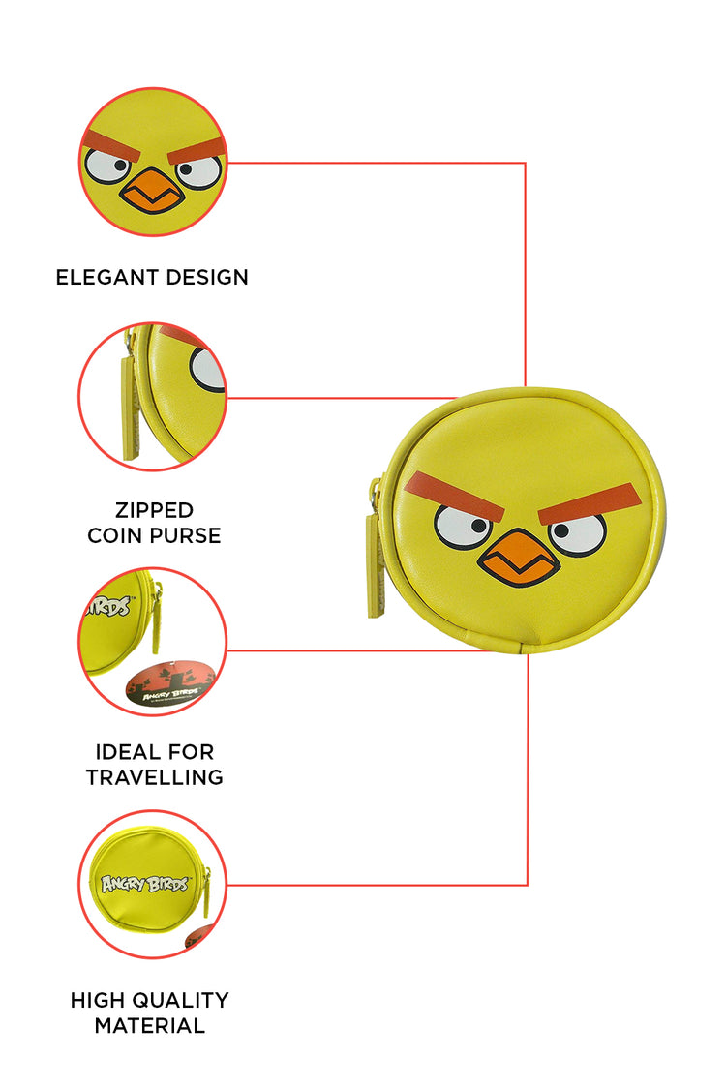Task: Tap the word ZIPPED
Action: [x=154, y=510]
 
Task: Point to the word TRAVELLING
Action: [x=154, y=777]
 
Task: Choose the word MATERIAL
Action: [x=150, y=1025]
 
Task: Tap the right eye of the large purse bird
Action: [x=577, y=532]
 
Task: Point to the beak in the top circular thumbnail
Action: [x=152, y=191]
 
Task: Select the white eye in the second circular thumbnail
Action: [x=208, y=370]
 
